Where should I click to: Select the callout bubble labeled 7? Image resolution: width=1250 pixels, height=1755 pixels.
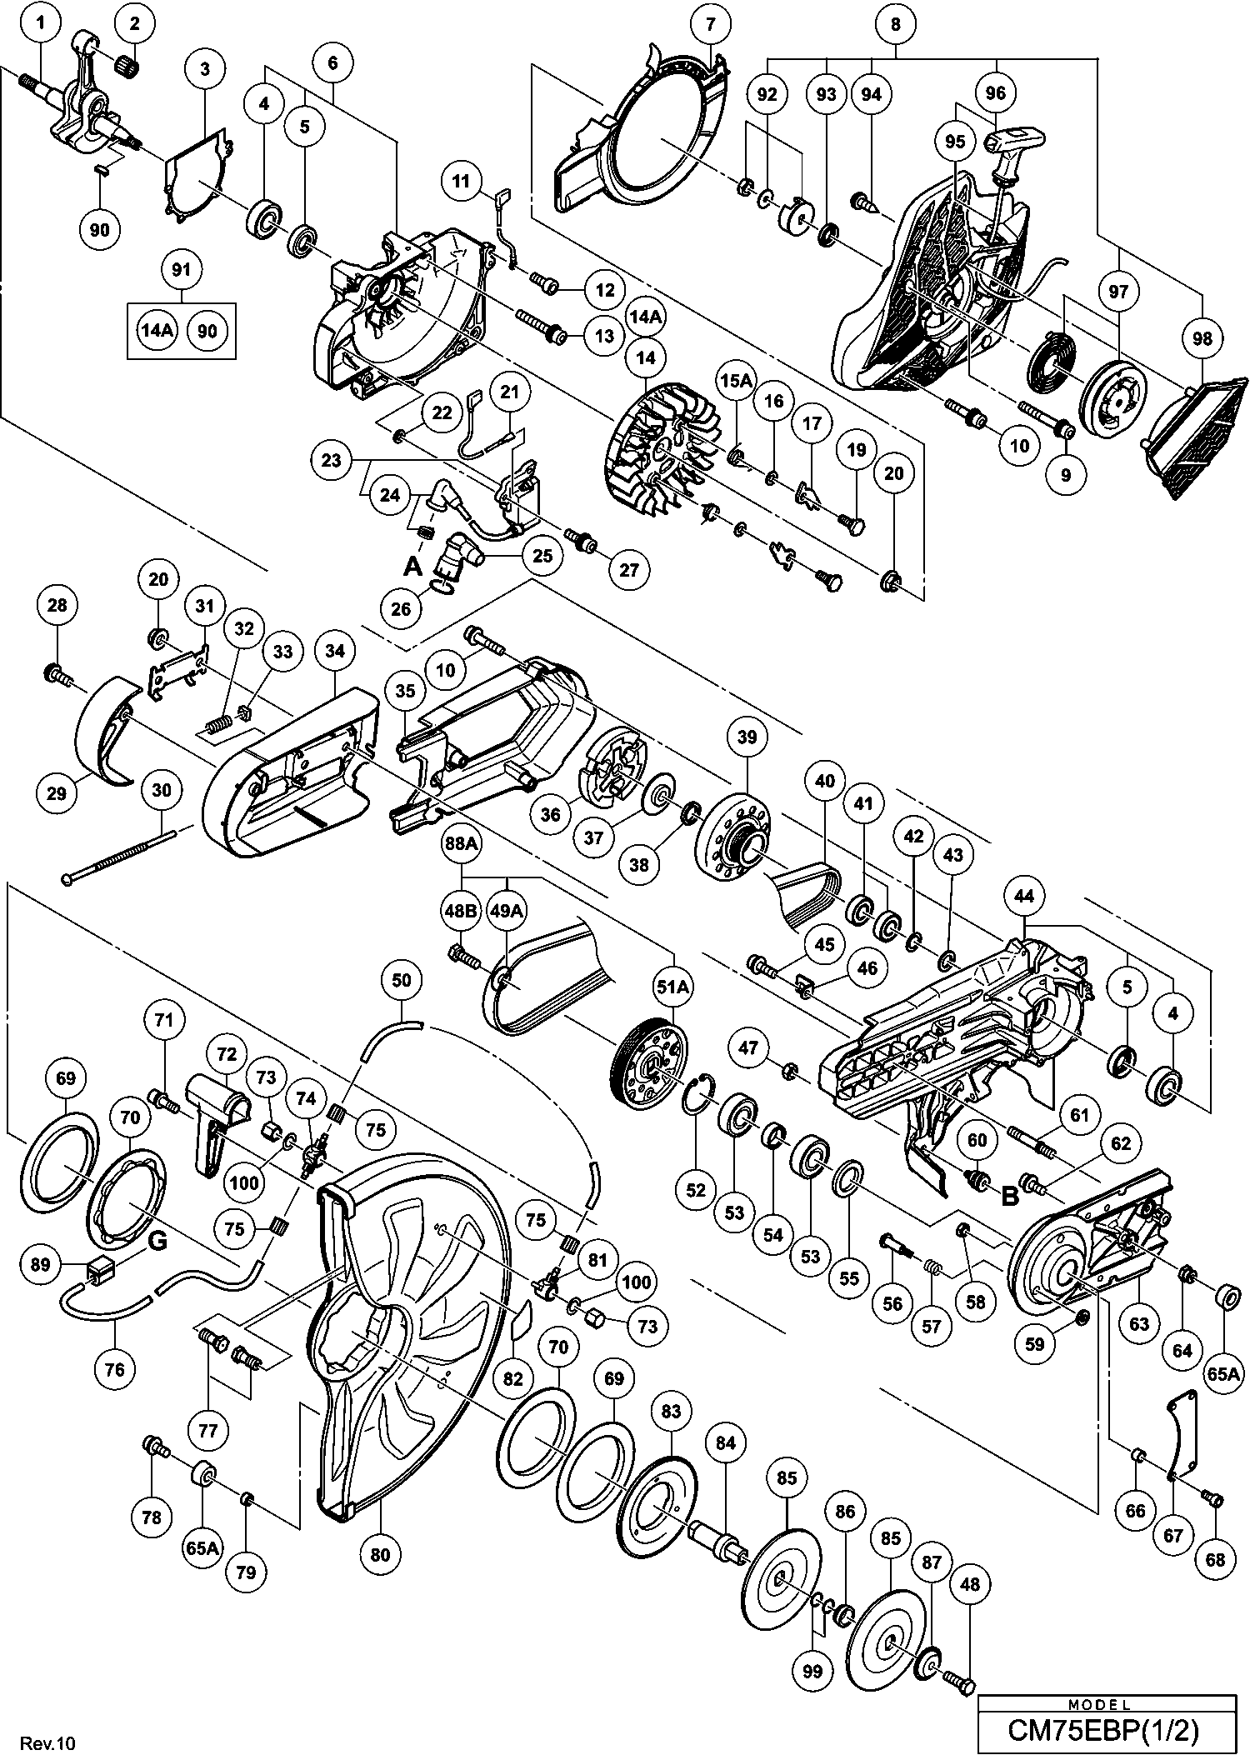tap(710, 23)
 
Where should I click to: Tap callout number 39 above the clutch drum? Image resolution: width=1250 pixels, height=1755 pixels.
tap(747, 737)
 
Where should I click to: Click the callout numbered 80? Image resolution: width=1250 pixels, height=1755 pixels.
tap(380, 1554)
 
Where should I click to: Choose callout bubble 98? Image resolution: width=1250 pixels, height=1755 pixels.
tap(1202, 338)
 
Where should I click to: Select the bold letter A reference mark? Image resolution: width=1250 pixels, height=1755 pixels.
tap(412, 567)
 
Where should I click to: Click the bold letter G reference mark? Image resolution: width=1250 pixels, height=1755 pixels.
tap(157, 1242)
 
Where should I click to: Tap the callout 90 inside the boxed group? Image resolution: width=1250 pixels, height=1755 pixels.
tap(207, 331)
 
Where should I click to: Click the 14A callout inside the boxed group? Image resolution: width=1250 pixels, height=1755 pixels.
tap(157, 331)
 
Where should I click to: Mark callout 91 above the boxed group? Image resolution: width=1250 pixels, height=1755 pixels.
tap(181, 270)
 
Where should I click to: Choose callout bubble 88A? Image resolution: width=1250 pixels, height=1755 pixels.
tap(462, 844)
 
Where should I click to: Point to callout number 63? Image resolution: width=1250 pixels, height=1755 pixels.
tap(1139, 1323)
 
